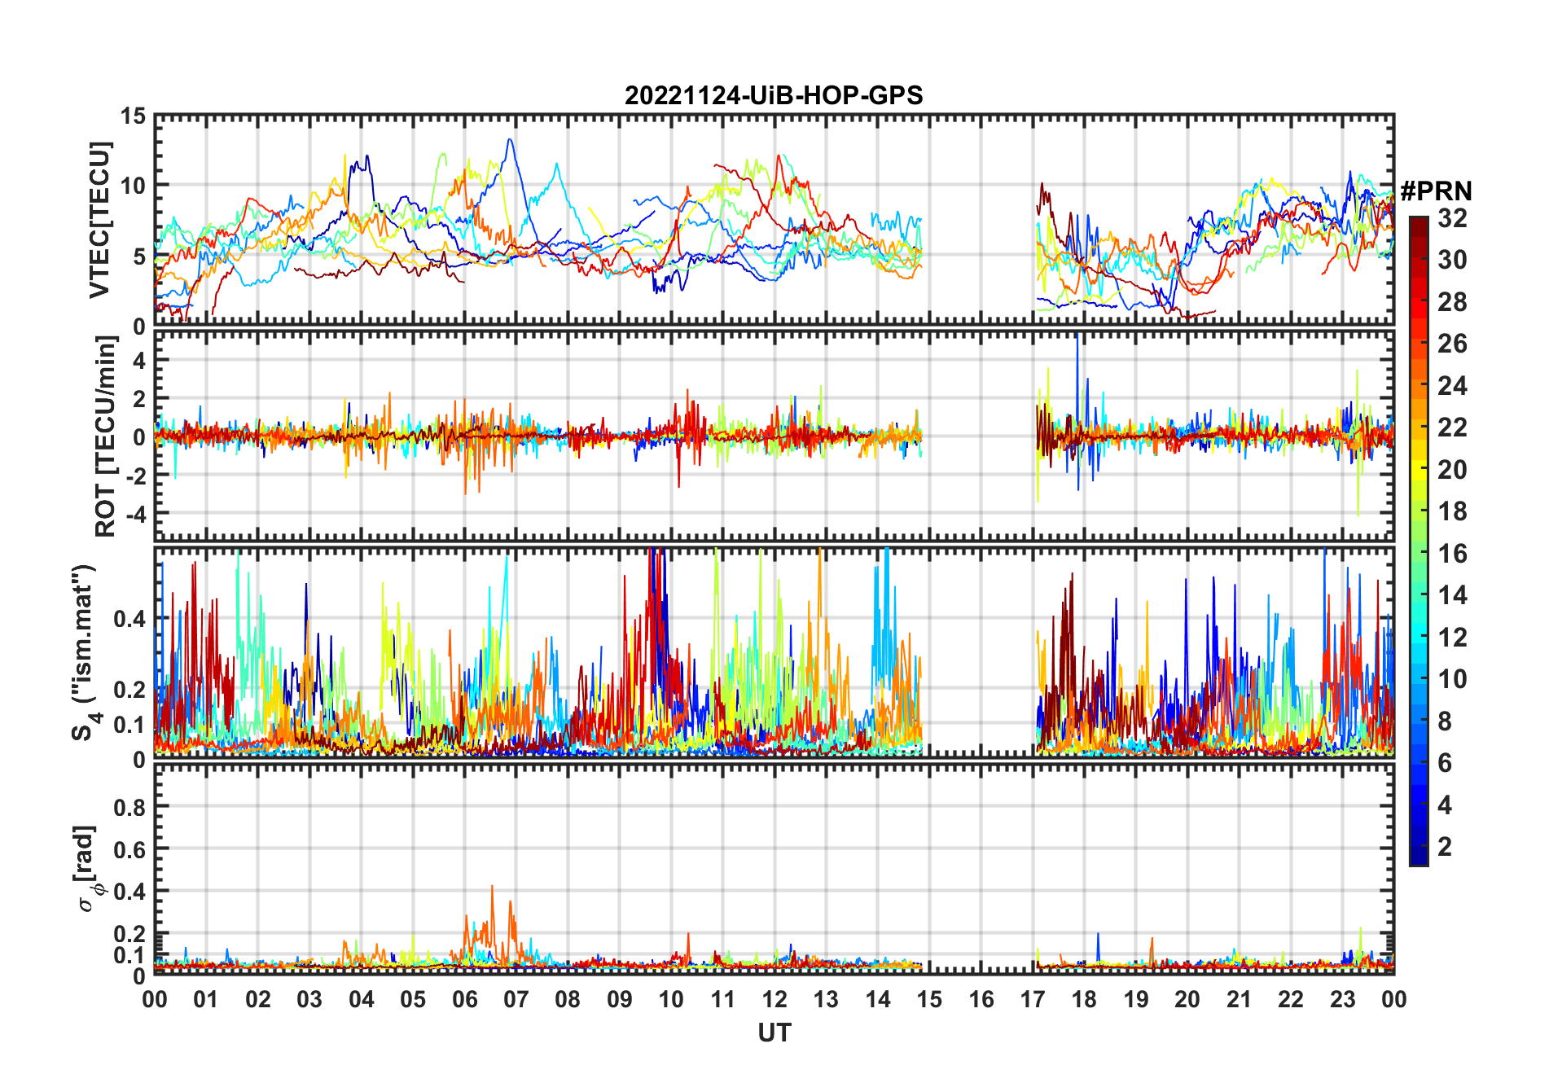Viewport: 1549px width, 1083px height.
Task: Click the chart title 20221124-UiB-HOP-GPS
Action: click(774, 95)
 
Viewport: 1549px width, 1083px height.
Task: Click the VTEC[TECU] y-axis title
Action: click(99, 220)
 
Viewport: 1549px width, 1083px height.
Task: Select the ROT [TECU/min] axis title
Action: click(106, 436)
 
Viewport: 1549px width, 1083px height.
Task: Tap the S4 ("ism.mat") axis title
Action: click(85, 651)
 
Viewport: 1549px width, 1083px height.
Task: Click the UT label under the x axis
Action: click(774, 1033)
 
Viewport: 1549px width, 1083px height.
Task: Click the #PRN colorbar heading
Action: click(1436, 191)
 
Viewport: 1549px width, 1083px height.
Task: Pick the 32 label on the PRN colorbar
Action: click(1452, 218)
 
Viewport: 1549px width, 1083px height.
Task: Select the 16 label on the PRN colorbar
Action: click(1452, 554)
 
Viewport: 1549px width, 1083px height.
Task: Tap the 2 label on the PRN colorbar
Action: click(1445, 847)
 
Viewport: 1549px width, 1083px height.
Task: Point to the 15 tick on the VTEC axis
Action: click(134, 116)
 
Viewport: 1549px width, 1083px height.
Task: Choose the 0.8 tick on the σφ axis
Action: click(130, 807)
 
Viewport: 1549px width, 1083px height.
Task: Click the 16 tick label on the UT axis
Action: click(981, 1000)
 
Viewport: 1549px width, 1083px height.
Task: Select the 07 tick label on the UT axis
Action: click(516, 1000)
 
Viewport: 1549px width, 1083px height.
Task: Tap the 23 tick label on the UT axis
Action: click(1342, 1000)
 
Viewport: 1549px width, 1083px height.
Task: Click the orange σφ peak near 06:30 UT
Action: click(492, 887)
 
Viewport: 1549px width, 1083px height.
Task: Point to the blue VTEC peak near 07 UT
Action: click(510, 140)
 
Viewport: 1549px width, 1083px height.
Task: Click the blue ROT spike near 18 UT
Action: click(1077, 335)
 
